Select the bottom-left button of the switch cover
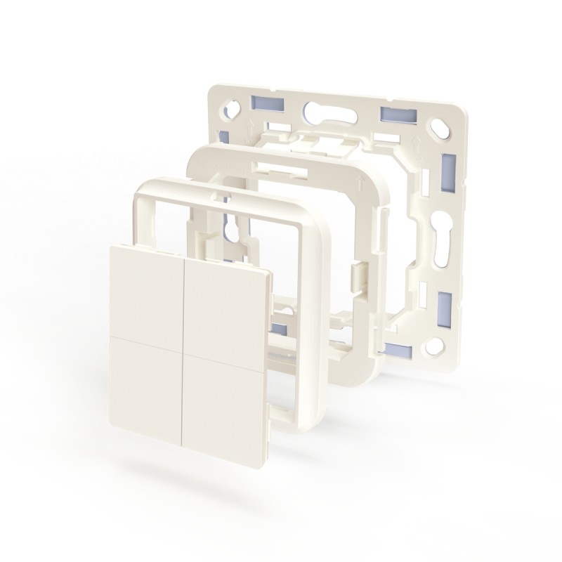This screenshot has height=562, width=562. [146, 379]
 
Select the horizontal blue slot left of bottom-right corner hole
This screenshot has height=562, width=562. [399, 349]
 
